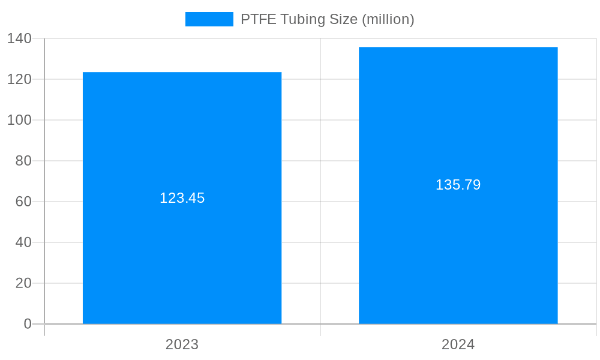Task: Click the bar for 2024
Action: pos(458,252)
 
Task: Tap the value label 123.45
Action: pos(182,198)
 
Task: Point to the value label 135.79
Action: pos(458,185)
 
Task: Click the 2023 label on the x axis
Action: pos(182,344)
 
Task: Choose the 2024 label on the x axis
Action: pos(458,344)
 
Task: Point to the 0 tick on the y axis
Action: pos(28,324)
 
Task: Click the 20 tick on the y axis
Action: pos(23,283)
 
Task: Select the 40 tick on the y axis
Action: pos(23,242)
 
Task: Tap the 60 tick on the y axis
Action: pos(23,202)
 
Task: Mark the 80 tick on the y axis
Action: pos(23,161)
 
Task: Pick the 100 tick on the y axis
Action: pos(19,120)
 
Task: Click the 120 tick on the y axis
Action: pos(19,79)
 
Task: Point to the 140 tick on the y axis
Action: pos(19,38)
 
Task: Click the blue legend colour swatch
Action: pos(209,19)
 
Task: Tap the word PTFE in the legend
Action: pos(258,19)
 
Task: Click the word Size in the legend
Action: pos(344,19)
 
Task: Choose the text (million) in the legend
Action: pos(388,20)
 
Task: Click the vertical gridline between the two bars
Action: pos(320,180)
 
